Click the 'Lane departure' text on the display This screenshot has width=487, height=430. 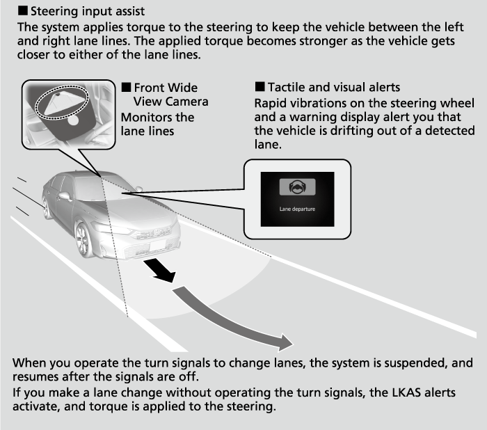(x=297, y=207)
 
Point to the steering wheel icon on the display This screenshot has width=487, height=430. (x=297, y=186)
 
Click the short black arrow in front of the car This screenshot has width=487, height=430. (x=158, y=271)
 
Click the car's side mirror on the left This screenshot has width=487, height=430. (x=65, y=196)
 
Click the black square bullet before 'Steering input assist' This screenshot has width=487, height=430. (x=19, y=12)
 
